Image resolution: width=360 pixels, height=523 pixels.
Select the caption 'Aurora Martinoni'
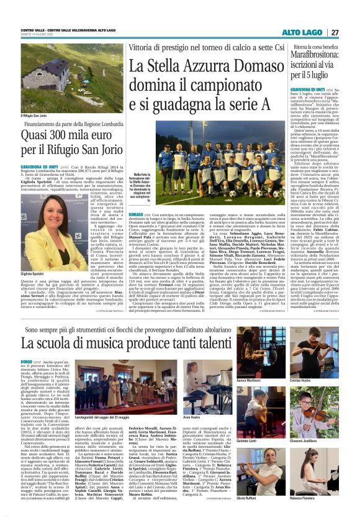coord(249,380)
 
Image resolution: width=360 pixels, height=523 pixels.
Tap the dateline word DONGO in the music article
coord(27,362)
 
